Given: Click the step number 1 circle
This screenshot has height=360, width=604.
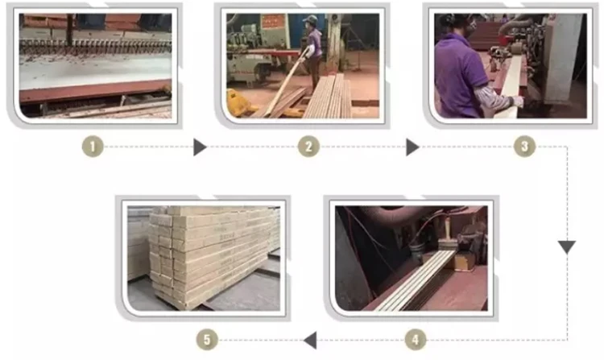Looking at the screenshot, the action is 93,147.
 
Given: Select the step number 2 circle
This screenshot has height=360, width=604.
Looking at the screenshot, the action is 308,147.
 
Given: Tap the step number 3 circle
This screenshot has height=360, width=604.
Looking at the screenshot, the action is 524,147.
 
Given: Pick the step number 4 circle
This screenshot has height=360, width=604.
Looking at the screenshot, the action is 416,340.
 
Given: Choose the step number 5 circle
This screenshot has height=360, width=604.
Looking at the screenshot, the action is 207,340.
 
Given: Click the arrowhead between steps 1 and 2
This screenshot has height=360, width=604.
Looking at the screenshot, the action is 200,147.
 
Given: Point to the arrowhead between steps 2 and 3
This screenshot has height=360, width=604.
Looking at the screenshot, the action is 412,147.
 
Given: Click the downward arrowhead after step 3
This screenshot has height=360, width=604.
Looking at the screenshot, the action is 567,246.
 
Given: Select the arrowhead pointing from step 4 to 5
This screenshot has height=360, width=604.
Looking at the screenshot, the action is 310,340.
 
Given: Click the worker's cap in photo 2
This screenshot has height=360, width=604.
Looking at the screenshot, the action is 311,19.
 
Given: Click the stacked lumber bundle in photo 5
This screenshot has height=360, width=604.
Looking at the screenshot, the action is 213,256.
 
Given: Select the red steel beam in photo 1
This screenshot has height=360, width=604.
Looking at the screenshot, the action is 95,91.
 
